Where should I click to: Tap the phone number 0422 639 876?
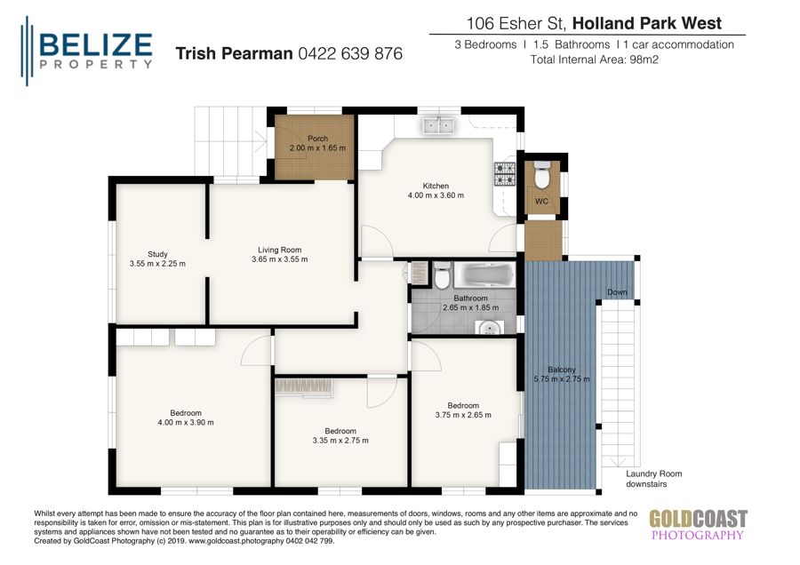point(350,54)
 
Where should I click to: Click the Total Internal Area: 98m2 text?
point(593,60)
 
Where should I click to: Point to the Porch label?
point(317,139)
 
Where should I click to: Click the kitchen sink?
point(438,125)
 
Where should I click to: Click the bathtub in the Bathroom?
point(484,275)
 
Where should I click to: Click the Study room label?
point(157,254)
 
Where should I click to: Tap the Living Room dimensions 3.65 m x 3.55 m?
point(280,259)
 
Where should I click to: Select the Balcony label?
point(561,370)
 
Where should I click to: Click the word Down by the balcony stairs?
point(617,292)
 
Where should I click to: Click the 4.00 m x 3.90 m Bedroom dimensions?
point(186,423)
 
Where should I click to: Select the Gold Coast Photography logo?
point(697,524)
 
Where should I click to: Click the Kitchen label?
point(436,186)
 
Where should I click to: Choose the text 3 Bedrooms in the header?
point(486,44)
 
